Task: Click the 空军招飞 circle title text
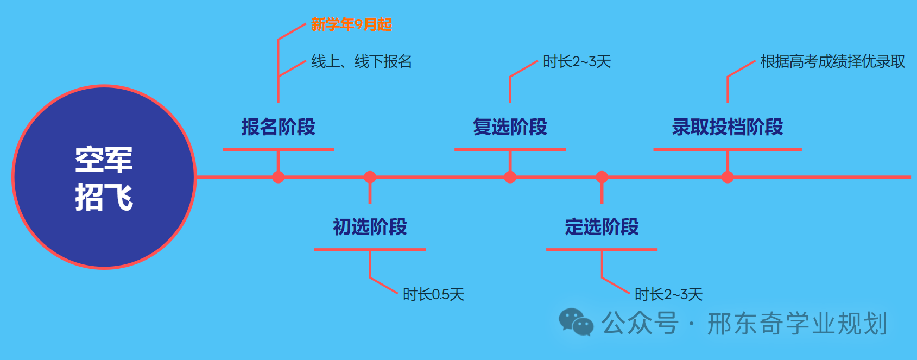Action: pyautogui.click(x=104, y=178)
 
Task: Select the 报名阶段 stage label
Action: pyautogui.click(x=278, y=127)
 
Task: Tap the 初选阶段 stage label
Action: pyautogui.click(x=370, y=227)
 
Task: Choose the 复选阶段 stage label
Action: pyautogui.click(x=510, y=127)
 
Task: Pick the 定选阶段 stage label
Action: pyautogui.click(x=602, y=227)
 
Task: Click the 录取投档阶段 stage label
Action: pyautogui.click(x=728, y=127)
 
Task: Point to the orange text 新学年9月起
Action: pyautogui.click(x=351, y=24)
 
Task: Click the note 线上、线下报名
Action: pyautogui.click(x=361, y=62)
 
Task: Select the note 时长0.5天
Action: pyautogui.click(x=433, y=295)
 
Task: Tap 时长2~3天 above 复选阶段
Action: pyautogui.click(x=577, y=62)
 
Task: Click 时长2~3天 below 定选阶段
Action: pyautogui.click(x=668, y=295)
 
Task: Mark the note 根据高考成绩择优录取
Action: pyautogui.click(x=832, y=62)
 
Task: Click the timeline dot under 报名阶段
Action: pyautogui.click(x=278, y=177)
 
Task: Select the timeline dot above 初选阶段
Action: pyautogui.click(x=370, y=177)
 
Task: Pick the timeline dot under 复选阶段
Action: pyautogui.click(x=510, y=177)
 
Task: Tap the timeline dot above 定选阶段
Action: pyautogui.click(x=602, y=177)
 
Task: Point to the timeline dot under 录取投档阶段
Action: pyautogui.click(x=728, y=177)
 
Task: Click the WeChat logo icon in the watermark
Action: pyautogui.click(x=576, y=323)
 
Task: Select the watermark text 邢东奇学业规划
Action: pyautogui.click(x=797, y=324)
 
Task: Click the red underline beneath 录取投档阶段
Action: pyautogui.click(x=728, y=149)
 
